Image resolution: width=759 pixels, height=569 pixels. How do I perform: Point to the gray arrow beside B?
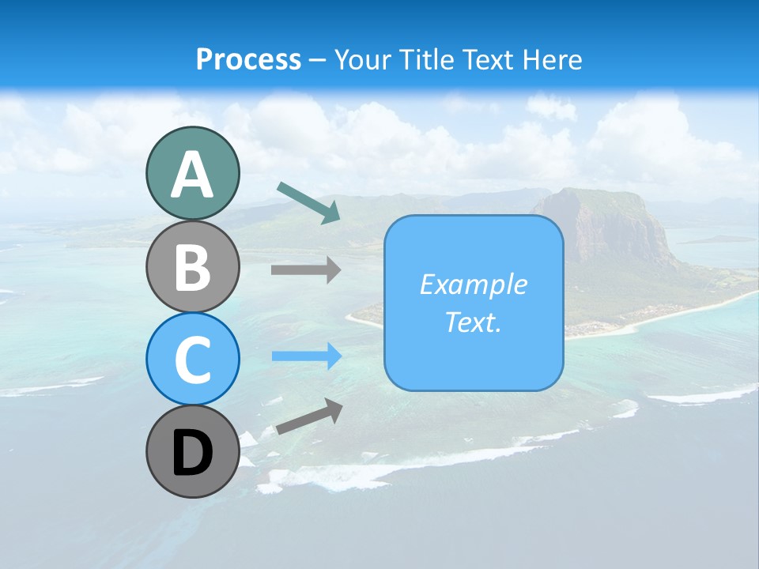(x=306, y=270)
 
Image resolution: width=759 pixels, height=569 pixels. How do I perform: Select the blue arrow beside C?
(x=307, y=356)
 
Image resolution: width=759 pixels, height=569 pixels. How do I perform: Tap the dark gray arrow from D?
(x=308, y=416)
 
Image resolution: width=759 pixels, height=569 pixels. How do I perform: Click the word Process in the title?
(x=248, y=59)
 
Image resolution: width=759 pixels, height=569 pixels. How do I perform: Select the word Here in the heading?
(x=552, y=59)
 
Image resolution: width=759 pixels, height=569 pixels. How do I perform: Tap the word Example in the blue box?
(x=473, y=284)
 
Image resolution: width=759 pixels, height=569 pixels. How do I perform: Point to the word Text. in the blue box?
(x=473, y=322)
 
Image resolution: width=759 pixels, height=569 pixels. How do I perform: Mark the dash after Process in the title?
(x=318, y=60)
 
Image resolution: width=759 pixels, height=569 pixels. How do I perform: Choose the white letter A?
(x=192, y=175)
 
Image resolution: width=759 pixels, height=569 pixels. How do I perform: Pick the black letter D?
(x=192, y=454)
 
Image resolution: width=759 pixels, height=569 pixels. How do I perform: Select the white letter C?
(x=192, y=360)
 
